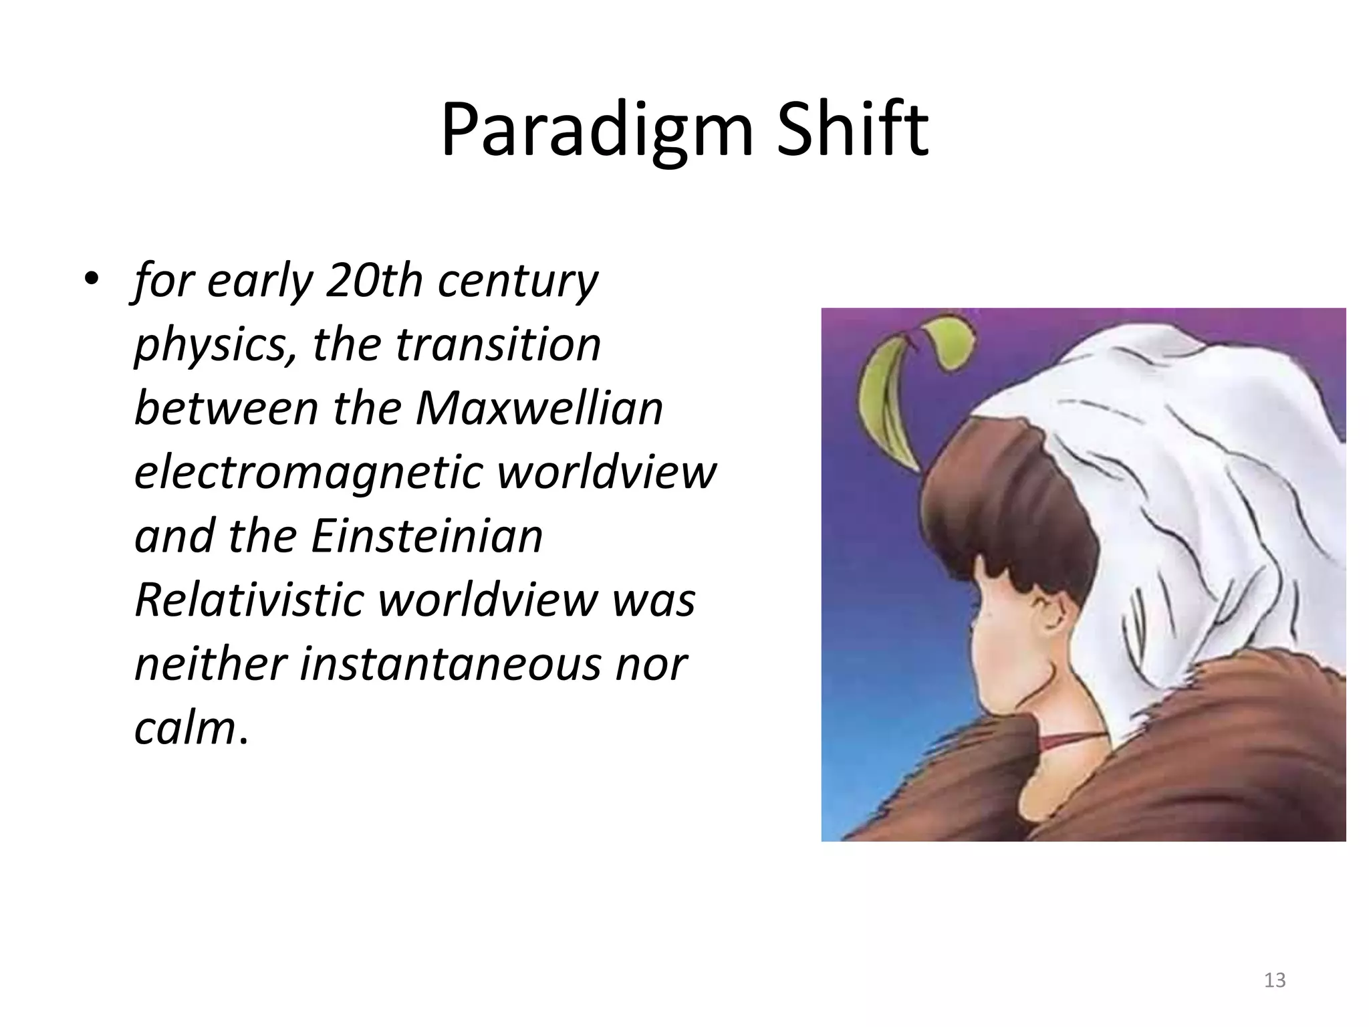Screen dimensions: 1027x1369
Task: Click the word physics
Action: (x=212, y=345)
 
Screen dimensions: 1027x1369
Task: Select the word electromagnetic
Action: (x=308, y=472)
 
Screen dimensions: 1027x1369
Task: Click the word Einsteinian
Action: (x=426, y=536)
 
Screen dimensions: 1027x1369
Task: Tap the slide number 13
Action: (x=1275, y=980)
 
